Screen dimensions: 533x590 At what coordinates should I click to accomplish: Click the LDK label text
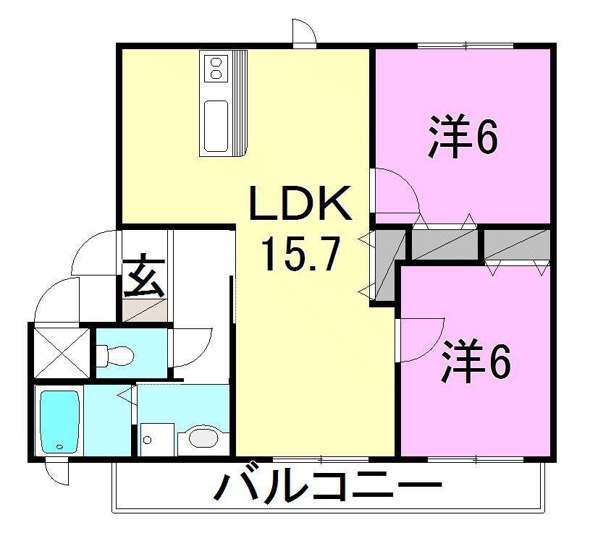point(300,205)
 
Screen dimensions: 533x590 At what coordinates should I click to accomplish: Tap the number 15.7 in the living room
point(300,254)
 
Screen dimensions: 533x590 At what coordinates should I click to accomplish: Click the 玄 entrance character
point(143,276)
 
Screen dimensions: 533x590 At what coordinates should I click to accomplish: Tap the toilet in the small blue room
point(116,354)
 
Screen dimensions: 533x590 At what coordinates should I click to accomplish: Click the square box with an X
point(62,353)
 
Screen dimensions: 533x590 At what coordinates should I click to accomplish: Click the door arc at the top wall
point(304,33)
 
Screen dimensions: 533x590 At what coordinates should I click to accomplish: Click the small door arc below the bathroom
point(56,472)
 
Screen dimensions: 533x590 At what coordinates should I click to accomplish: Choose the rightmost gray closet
point(516,244)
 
